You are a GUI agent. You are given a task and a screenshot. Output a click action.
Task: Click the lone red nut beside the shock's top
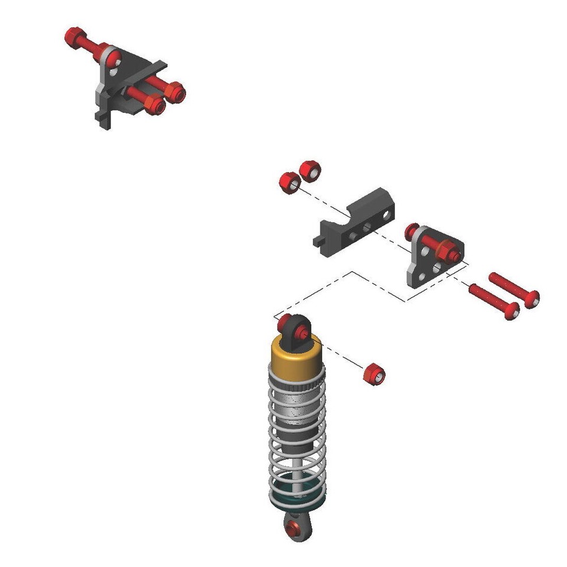coord(373,375)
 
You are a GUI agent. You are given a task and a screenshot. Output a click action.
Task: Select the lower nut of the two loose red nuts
coord(289,182)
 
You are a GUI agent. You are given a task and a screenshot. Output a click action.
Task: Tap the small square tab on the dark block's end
coord(318,241)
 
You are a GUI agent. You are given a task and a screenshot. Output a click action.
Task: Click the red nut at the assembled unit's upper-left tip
coord(73,35)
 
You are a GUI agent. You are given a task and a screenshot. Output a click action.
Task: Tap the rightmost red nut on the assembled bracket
coord(175,93)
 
